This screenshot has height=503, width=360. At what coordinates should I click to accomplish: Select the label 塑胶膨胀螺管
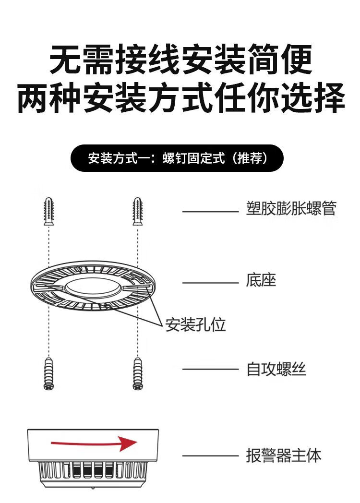pos(291,209)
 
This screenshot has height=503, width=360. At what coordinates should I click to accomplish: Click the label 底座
pos(261,280)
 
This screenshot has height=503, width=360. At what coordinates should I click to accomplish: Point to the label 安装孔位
pos(195,325)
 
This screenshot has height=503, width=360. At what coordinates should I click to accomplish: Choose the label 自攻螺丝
pos(276,369)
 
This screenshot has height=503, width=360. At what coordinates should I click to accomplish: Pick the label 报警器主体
pos(283,455)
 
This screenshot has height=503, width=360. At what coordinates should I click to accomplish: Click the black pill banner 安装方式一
pos(177,158)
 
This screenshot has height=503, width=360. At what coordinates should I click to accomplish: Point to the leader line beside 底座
pos(210,283)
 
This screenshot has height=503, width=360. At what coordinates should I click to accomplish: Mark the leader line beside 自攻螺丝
pos(210,370)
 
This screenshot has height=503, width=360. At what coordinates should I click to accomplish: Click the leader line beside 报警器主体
pos(210,455)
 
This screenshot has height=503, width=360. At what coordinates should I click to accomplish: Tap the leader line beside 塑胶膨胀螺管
pos(210,211)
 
